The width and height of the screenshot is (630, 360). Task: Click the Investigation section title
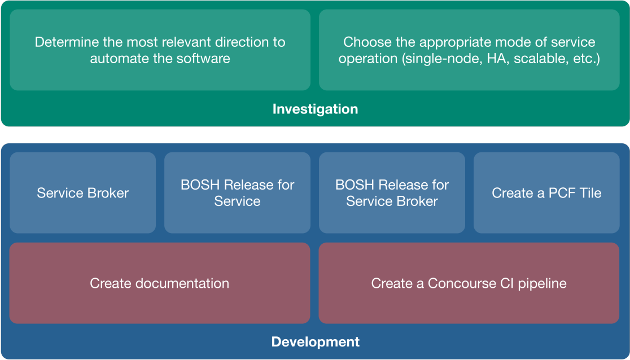pos(315,109)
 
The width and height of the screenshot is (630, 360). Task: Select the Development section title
pos(316,342)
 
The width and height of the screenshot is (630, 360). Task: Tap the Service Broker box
pos(83,193)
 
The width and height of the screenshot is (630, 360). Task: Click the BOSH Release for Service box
pos(237,193)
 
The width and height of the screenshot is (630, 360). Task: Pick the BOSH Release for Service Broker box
pos(392,193)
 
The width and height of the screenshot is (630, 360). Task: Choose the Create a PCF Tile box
pos(546,193)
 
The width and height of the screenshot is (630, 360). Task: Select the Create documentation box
pos(160,283)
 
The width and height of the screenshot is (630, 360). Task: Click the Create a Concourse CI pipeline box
pos(469,283)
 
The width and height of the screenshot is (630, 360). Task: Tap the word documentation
pos(182,283)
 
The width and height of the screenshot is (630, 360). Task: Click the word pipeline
pos(542,284)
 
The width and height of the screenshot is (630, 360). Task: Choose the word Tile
pos(589,193)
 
